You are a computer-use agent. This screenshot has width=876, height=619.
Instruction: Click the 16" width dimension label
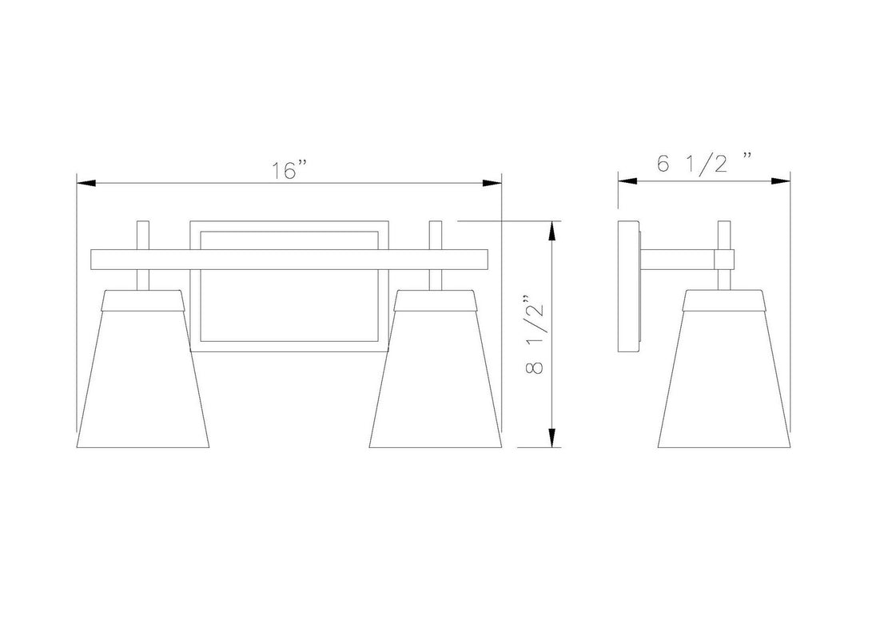pos(289,171)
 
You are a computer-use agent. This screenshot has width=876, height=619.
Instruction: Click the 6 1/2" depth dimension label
pos(704,163)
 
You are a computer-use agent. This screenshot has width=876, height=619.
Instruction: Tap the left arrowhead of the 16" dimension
pos(86,183)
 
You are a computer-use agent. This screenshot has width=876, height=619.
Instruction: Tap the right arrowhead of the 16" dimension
pos(492,183)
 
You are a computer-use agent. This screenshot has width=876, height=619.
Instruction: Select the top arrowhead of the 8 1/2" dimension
pos(552,232)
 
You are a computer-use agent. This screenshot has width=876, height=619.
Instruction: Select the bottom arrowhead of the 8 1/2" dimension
pos(552,438)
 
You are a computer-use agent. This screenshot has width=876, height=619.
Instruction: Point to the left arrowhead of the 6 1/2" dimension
pos(627,181)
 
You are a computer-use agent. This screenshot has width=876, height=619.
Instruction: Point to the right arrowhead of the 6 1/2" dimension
pos(780,181)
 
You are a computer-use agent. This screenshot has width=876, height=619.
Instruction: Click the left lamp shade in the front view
pos(142,368)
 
